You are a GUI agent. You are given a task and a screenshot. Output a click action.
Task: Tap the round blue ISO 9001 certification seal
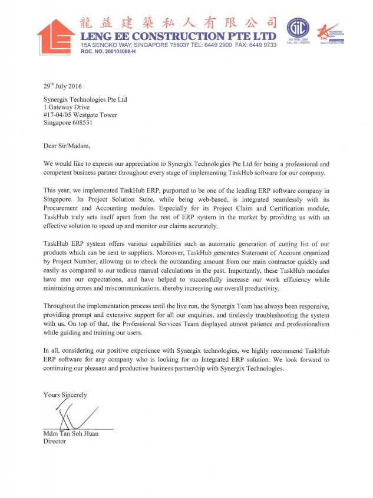pos(298,30)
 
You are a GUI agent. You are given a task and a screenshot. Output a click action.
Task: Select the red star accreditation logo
pos(326,31)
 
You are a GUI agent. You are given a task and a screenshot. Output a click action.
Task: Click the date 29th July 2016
pos(62,86)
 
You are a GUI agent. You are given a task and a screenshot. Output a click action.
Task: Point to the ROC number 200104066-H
pos(108,52)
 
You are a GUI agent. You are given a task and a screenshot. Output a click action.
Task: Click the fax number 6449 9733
pos(262,45)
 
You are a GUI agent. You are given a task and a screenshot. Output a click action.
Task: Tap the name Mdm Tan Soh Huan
pos(71,433)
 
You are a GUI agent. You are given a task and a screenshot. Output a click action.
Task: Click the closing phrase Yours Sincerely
pos(65,395)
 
